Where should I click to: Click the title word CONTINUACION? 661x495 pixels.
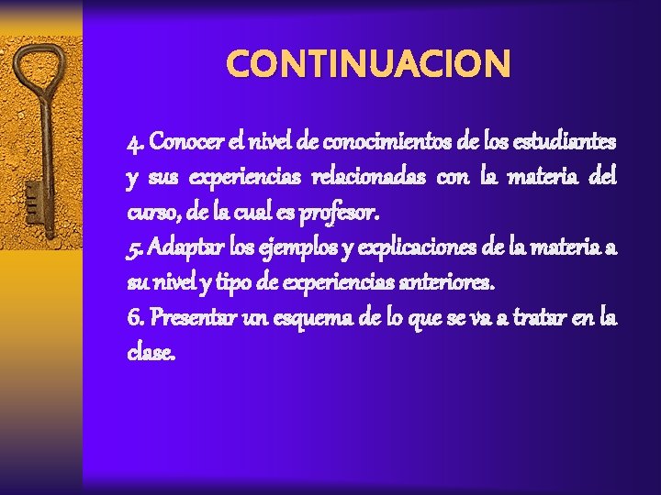(367, 64)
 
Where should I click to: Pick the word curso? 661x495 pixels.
(148, 214)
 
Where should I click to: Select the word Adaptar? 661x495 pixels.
(183, 248)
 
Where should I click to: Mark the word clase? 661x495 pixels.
(150, 353)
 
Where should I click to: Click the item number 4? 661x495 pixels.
(134, 144)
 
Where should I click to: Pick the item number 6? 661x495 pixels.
(134, 318)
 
